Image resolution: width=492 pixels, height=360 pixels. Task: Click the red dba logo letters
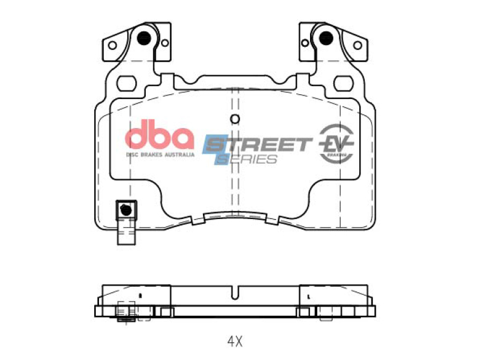pos(159,135)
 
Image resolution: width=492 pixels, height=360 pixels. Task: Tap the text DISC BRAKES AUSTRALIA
pos(160,154)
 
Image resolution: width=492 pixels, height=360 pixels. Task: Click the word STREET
pos(258,145)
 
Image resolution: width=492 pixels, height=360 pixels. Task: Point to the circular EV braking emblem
pos(336,143)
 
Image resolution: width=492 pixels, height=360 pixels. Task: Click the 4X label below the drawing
pos(236,340)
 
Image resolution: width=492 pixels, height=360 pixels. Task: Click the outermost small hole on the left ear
pos(112,45)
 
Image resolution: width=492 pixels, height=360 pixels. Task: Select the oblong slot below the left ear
pos(127,82)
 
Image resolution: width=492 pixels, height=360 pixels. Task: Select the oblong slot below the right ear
pos(344,82)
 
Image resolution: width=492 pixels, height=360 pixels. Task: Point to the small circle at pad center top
pos(235,119)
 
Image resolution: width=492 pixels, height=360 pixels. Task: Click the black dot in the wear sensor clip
pos(127,209)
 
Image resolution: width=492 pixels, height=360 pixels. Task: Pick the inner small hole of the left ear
pos(164,42)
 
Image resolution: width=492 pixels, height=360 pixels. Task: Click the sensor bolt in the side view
pos(125,311)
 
